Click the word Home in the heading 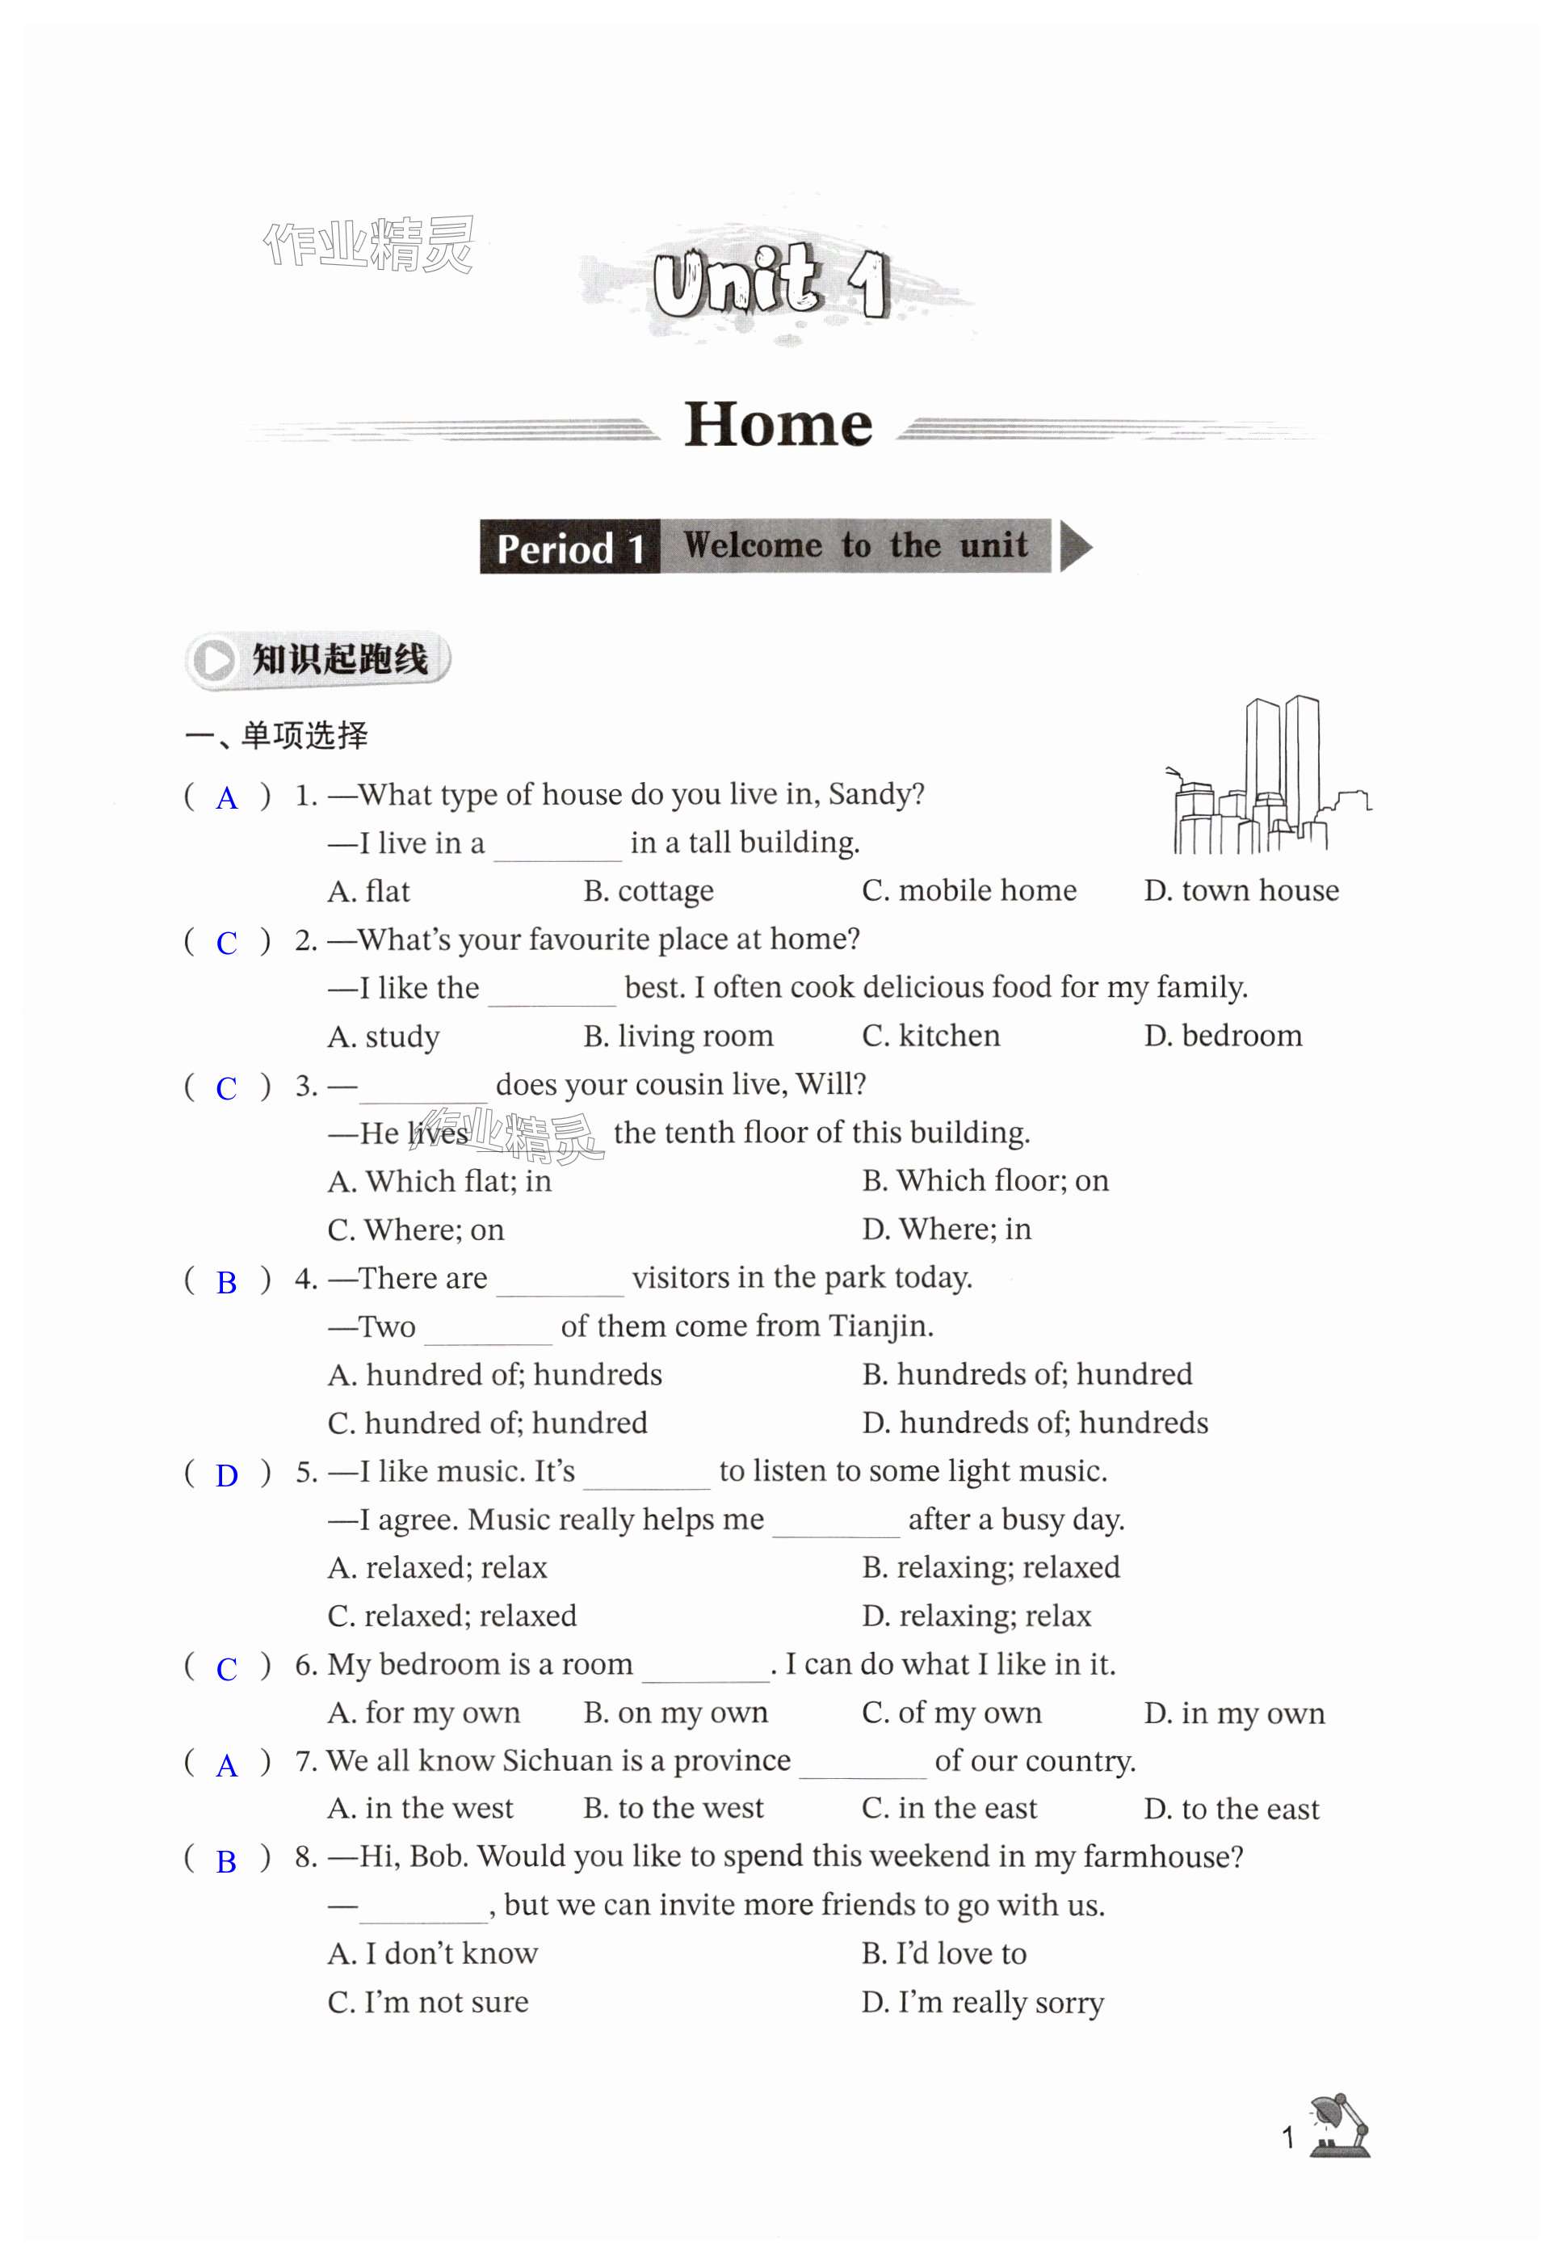coord(778,425)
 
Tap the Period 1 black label coord(569,547)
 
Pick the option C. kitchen coord(930,1036)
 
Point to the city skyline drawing coord(1266,778)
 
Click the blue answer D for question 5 coord(227,1476)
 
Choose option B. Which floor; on coord(985,1180)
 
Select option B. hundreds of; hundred coord(1027,1374)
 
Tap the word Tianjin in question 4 coord(879,1327)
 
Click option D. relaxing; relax coord(976,1616)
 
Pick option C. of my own coord(951,1713)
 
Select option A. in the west coord(420,1809)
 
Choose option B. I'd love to coord(943,1953)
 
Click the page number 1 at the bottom coord(1288,2138)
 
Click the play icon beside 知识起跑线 coord(213,660)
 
